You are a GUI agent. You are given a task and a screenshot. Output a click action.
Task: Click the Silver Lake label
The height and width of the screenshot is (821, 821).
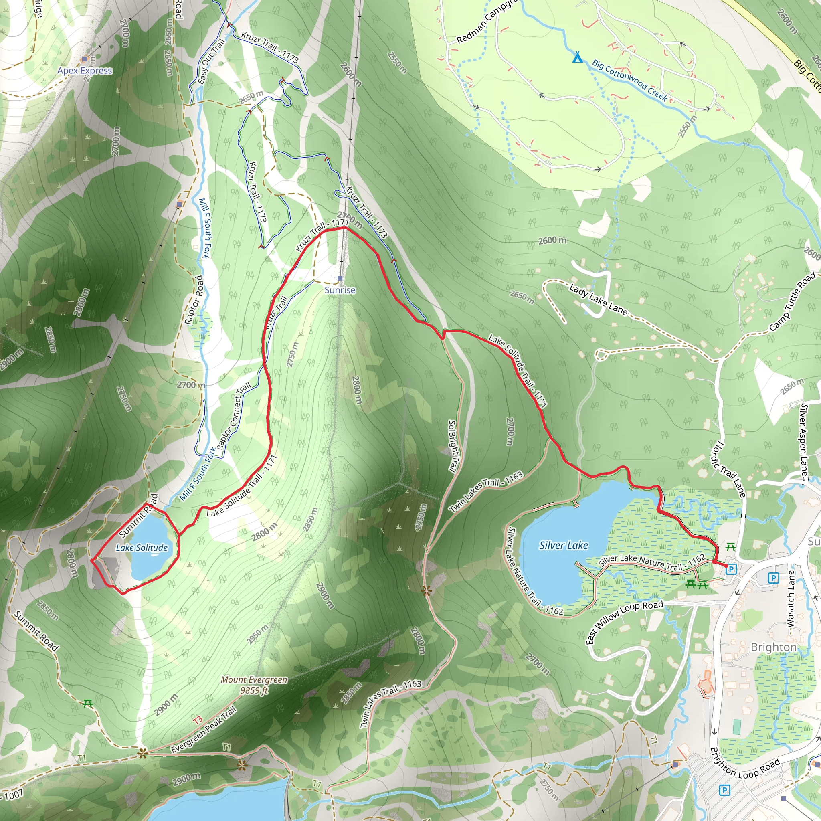pos(564,545)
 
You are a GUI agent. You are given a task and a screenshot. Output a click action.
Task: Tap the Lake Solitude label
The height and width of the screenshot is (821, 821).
pos(142,548)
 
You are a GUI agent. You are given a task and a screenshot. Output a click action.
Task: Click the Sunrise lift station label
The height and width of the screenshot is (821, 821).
pos(340,290)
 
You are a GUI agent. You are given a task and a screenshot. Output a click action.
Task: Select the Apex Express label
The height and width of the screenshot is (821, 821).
pos(85,71)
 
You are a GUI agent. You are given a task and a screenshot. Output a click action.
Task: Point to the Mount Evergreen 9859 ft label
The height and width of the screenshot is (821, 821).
pos(254,685)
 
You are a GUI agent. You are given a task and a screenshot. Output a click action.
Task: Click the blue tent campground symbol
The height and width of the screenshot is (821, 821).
pos(577,57)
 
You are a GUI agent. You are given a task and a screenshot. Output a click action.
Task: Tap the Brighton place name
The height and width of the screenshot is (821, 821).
pos(773,647)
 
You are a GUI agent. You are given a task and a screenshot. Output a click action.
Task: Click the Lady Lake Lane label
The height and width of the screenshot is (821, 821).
pos(599,300)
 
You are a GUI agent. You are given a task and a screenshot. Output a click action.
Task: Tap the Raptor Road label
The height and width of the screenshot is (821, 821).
pos(194,300)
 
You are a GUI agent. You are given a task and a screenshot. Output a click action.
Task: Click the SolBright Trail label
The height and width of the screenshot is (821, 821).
pos(453,446)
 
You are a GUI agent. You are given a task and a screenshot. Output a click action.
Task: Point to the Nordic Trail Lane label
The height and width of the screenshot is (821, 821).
pos(728,469)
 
